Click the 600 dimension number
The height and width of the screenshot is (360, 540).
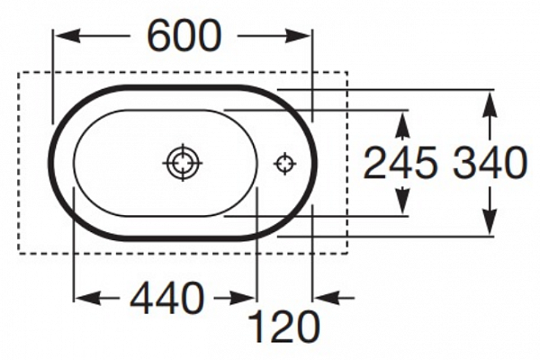tap(184, 36)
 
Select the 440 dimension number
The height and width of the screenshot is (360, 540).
tap(166, 298)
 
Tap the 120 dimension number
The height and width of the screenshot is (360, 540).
tap(283, 328)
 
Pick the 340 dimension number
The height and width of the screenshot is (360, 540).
tap(489, 164)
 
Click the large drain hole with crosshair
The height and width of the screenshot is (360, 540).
tap(182, 163)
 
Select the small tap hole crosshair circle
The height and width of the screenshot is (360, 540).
tap(284, 163)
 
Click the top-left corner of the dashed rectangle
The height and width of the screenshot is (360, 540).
tap(20, 72)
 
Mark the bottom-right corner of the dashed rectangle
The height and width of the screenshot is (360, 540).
tap(347, 253)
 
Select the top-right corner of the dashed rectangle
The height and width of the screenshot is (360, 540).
tap(347, 72)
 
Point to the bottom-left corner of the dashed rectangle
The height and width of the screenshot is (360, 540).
tap(20, 253)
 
